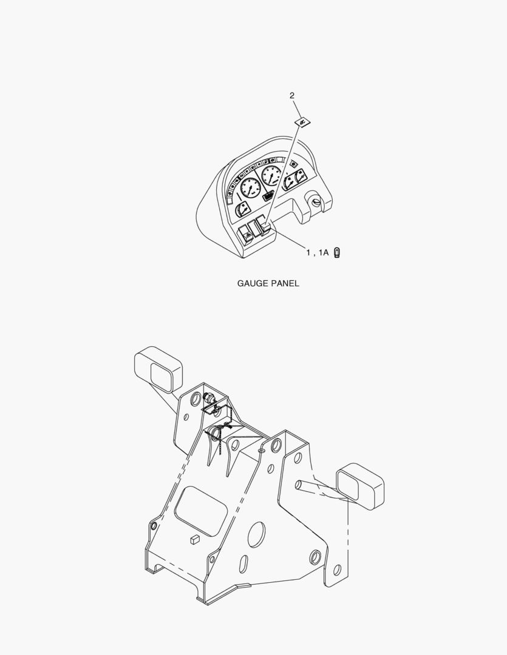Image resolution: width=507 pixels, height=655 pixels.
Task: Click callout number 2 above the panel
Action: [292, 96]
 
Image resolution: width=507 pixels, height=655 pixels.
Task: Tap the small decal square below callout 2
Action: [303, 123]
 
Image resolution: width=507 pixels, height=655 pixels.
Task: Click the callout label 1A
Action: [324, 252]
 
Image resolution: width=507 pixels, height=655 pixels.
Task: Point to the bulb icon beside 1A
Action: [337, 253]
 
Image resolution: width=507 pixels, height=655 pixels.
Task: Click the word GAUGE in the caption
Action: [253, 283]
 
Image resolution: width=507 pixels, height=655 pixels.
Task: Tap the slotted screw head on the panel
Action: [316, 203]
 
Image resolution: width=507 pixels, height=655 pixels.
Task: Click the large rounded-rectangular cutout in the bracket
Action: [201, 511]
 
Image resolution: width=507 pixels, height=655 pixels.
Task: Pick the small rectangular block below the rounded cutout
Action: [194, 539]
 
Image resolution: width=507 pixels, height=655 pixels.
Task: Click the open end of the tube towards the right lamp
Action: [299, 485]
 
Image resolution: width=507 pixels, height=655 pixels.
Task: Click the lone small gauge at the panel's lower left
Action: [242, 209]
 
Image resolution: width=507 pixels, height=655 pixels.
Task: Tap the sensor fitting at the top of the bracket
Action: [209, 398]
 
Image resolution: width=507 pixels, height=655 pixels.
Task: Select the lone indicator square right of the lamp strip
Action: [293, 163]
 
